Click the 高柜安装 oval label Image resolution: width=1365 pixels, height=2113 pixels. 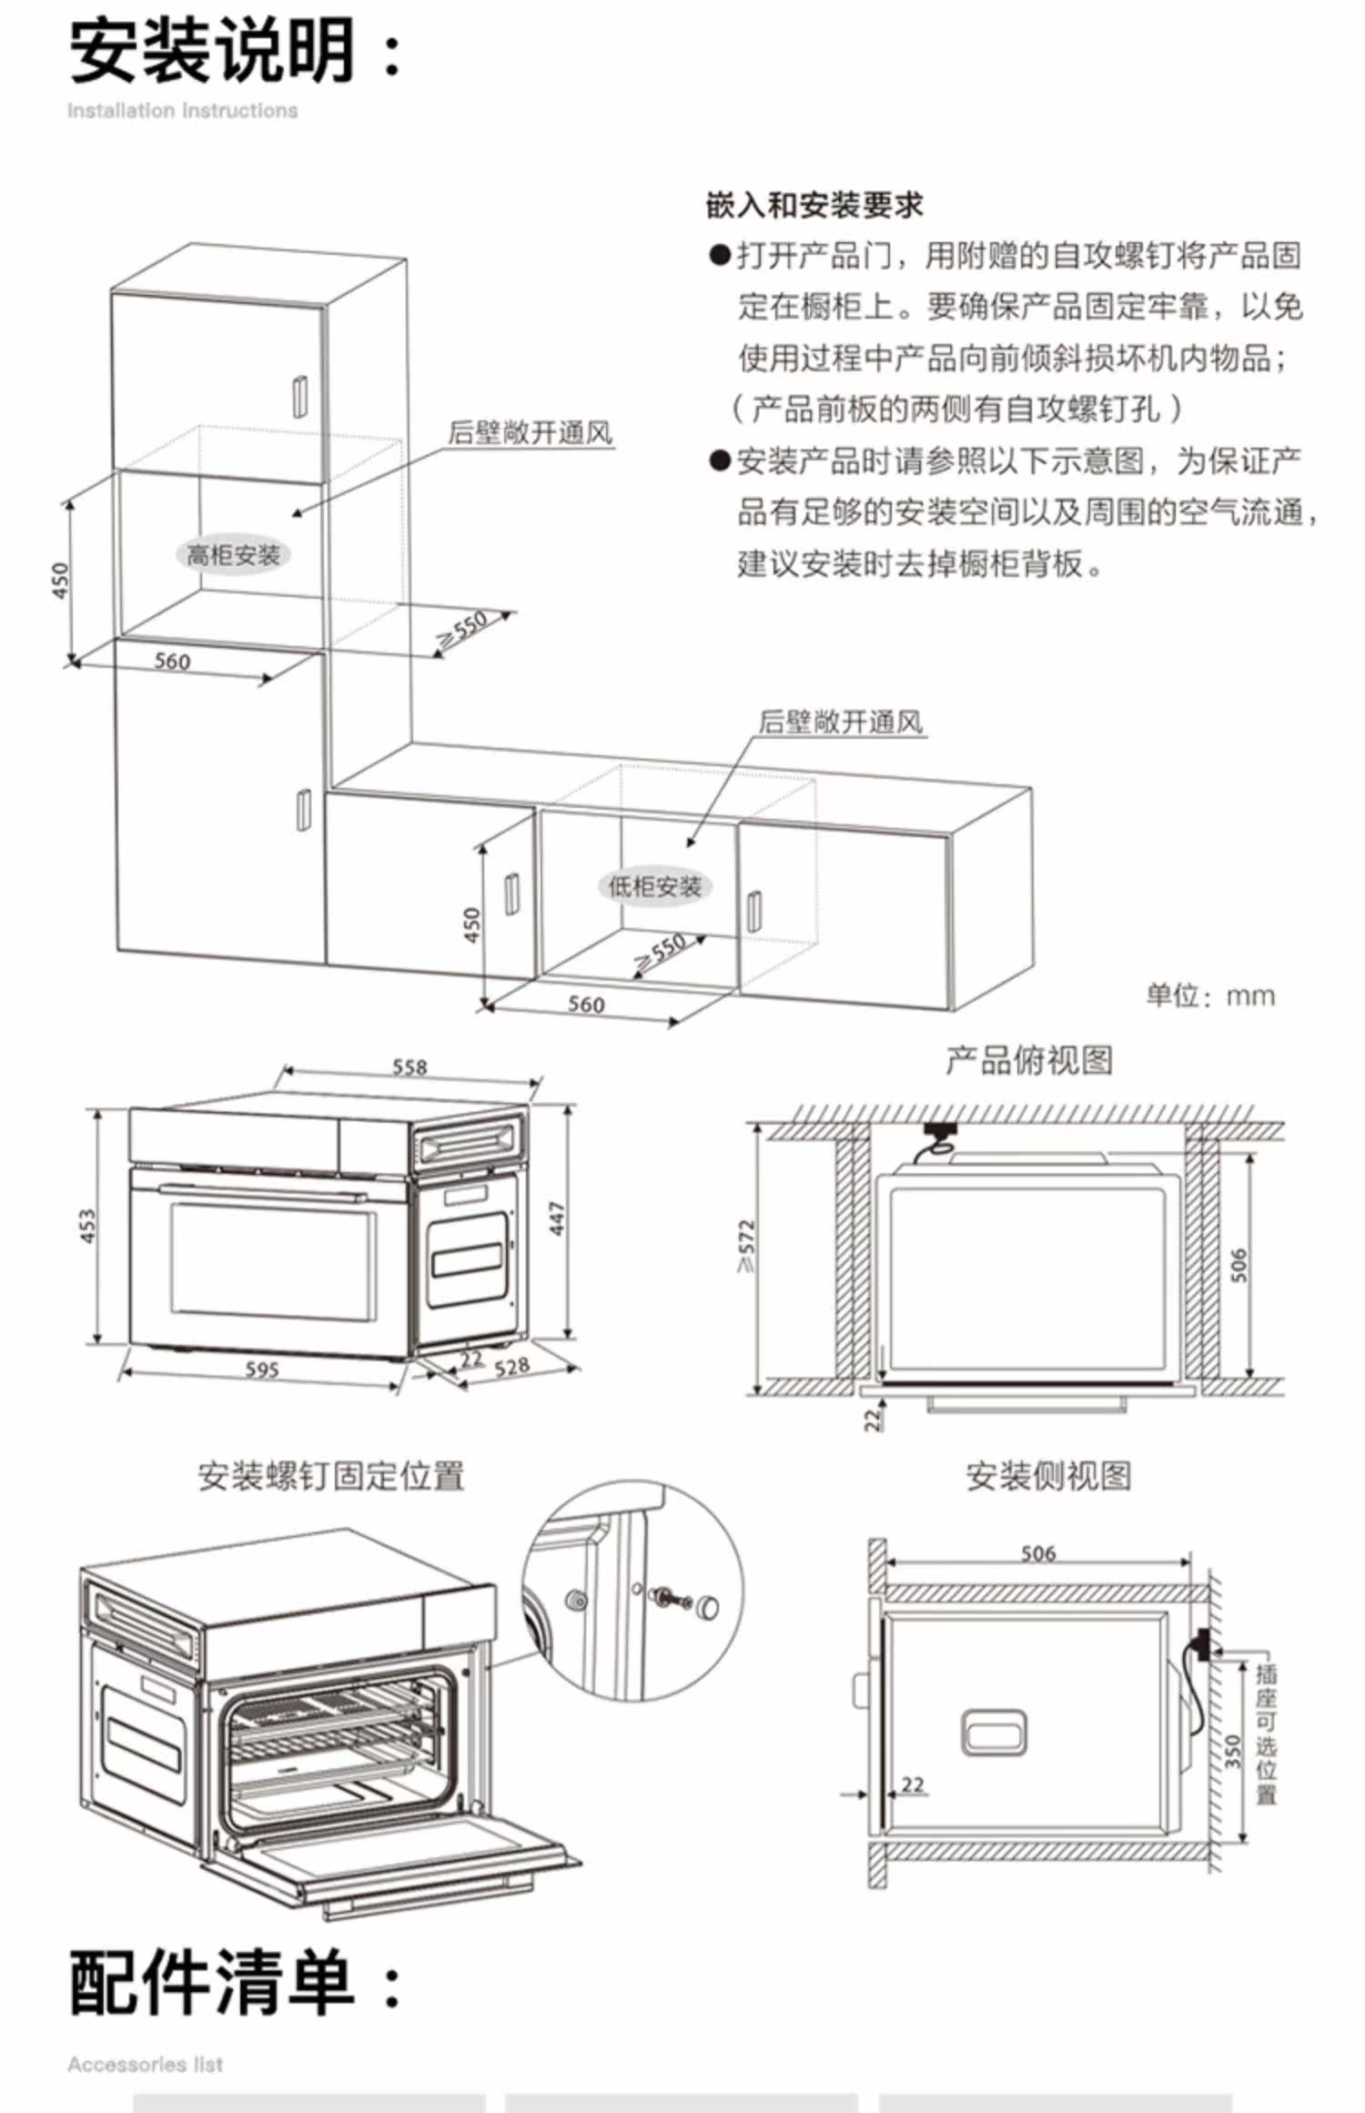[x=233, y=554]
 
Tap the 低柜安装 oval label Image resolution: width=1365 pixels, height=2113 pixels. [x=654, y=885]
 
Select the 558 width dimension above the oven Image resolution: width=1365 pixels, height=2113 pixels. [x=409, y=1067]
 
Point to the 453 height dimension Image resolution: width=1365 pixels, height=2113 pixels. [x=88, y=1226]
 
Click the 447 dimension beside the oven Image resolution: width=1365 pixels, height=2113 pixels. [x=557, y=1218]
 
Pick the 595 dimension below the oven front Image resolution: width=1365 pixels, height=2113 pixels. [x=261, y=1369]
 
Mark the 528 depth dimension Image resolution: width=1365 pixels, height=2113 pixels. [x=511, y=1366]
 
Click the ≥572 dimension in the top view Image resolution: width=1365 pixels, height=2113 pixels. [x=747, y=1246]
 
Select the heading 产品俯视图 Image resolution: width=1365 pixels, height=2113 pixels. [x=1028, y=1060]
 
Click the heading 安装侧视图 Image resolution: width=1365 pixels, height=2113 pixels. [x=1048, y=1475]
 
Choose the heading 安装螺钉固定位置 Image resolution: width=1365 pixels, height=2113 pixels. [x=331, y=1475]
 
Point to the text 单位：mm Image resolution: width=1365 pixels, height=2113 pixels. [x=1210, y=995]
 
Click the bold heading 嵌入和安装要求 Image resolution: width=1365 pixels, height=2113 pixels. [x=814, y=205]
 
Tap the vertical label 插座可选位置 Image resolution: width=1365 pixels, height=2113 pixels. [x=1266, y=1734]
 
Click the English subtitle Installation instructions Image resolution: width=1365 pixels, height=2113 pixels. [x=182, y=111]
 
